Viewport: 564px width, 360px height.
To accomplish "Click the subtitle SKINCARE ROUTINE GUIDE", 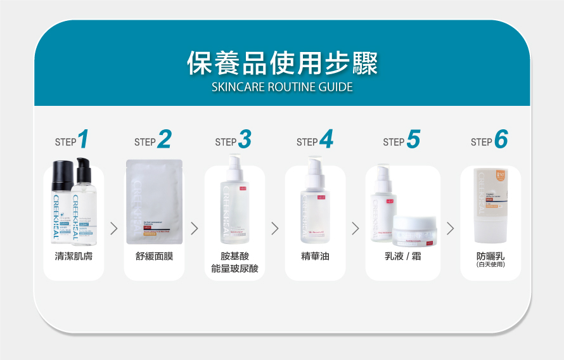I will (x=282, y=87).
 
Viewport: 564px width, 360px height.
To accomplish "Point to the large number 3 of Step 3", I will (x=245, y=139).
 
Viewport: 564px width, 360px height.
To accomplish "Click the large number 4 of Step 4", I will (x=326, y=139).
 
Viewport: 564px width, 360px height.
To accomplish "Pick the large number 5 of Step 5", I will (x=413, y=139).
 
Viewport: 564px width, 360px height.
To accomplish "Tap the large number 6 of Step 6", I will (x=501, y=139).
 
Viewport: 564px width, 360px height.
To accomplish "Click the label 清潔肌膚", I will (x=74, y=257).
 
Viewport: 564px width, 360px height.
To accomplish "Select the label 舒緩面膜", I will (x=154, y=257).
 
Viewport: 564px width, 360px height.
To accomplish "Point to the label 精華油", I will (x=315, y=257).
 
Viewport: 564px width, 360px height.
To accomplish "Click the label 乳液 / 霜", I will (x=402, y=257).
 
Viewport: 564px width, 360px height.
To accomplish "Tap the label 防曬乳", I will (x=490, y=256).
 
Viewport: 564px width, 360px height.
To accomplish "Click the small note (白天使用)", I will (x=490, y=265).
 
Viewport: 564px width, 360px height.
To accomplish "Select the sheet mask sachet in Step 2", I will (x=154, y=202).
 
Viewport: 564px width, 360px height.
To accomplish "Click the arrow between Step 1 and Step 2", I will (x=114, y=228).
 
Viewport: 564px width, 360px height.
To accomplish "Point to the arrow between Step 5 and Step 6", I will (x=451, y=228).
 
